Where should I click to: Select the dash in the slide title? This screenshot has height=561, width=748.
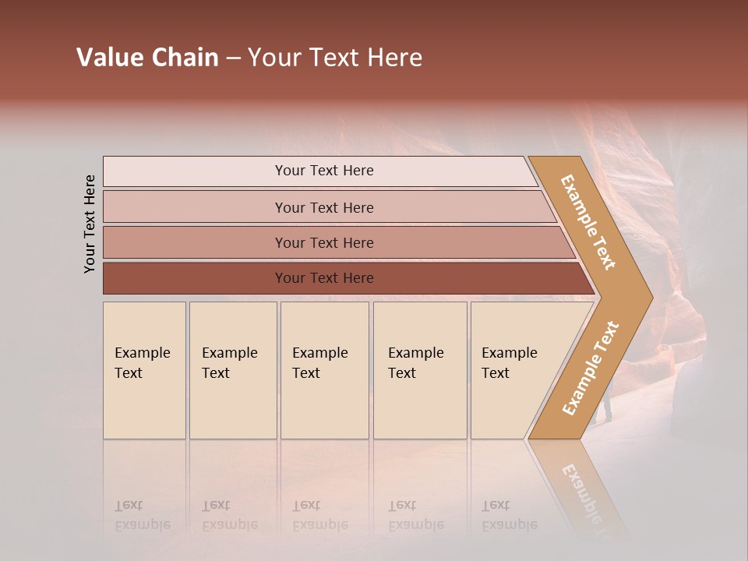click(233, 58)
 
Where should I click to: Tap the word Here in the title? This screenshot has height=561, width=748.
click(394, 58)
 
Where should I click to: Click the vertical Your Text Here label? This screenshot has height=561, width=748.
click(90, 224)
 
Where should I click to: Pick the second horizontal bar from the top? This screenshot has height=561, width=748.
click(323, 207)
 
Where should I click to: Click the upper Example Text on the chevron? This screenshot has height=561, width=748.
click(588, 222)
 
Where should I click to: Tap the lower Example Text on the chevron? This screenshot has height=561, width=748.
click(590, 368)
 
